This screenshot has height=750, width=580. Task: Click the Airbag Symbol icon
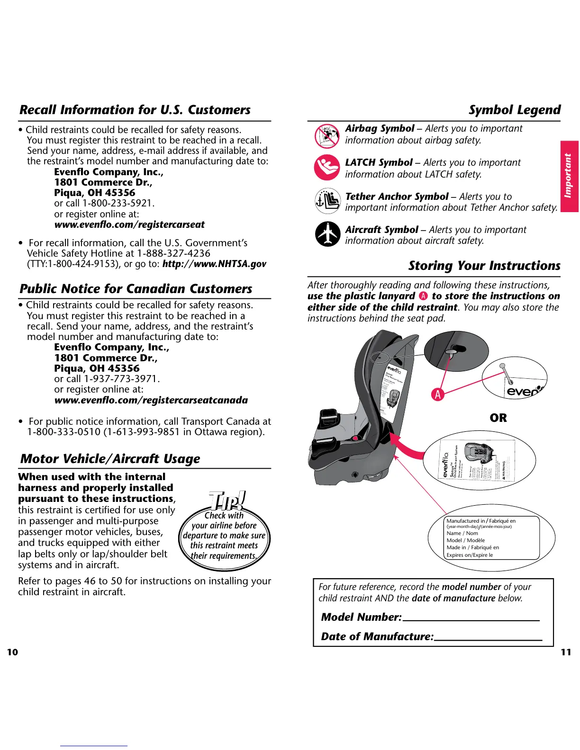pos(327,136)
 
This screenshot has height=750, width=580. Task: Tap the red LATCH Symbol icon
pos(327,168)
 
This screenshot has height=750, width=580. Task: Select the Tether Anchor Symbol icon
pos(327,201)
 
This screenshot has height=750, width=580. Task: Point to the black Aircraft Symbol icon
pos(327,234)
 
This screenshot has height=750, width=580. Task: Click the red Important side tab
pos(569,176)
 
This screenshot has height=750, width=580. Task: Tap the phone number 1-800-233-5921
pos(118,203)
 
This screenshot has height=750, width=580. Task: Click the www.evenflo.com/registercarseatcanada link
pos(151,400)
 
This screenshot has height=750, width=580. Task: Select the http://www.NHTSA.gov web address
pos(214,264)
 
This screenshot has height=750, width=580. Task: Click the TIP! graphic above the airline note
pos(227,500)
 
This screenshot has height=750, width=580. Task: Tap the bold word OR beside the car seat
pos(498,418)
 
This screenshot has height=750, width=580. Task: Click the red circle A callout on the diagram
pos(438,394)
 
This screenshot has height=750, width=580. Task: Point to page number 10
pos(12,652)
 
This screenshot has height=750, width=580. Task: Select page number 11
pos(566,652)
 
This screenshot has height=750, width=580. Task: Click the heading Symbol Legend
pos(514,110)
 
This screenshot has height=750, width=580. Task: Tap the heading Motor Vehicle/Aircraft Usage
pos(110,458)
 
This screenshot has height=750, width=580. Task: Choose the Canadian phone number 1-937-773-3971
pos(121,379)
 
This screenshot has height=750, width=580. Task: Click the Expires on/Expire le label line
pos(470,555)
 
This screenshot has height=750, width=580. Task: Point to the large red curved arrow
pos(409,449)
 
